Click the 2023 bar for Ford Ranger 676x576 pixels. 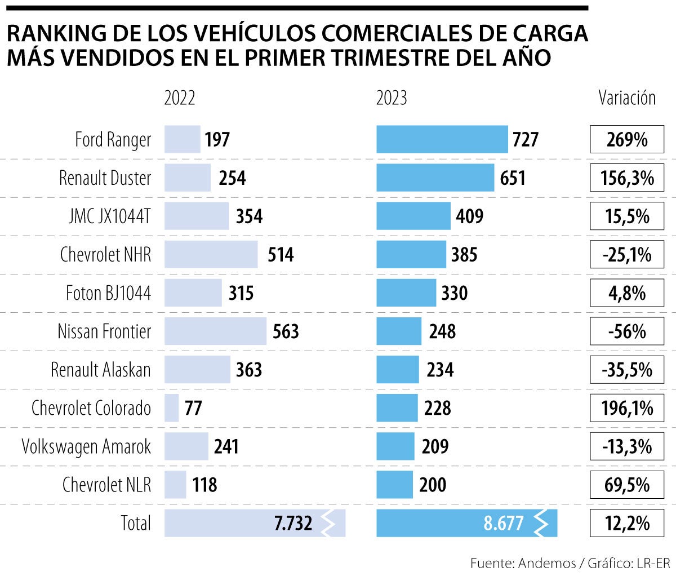coord(442,139)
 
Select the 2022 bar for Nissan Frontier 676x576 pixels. coord(215,331)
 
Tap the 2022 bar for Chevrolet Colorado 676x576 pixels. coord(171,407)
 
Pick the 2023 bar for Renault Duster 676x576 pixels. coord(435,178)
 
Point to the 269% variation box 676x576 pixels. coord(627,139)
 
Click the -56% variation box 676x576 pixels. coord(627,331)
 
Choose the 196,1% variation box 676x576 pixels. coord(627,407)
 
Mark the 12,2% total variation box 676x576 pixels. coord(627,523)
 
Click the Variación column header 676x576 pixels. coord(627,98)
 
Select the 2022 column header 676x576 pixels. coord(180,98)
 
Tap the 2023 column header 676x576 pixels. coord(392,98)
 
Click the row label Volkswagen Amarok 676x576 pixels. coord(86,446)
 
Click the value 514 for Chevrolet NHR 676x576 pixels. coord(280,255)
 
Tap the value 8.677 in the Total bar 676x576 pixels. coord(503,523)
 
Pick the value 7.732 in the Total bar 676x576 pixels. coord(293,523)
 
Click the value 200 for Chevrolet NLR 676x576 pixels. coord(433,485)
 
